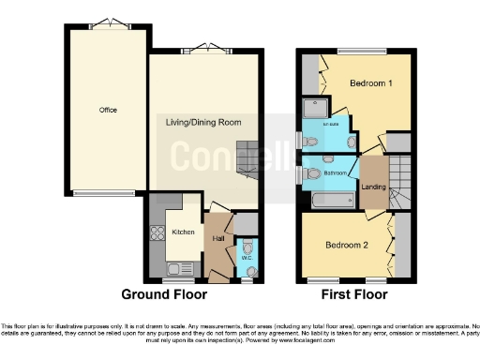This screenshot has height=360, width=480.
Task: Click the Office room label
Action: (108, 110)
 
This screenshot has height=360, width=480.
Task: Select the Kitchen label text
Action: (181, 231)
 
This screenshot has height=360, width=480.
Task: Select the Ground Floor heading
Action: (167, 294)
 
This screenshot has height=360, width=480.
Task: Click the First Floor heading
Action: (355, 294)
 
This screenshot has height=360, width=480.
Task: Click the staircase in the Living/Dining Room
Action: (246, 159)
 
